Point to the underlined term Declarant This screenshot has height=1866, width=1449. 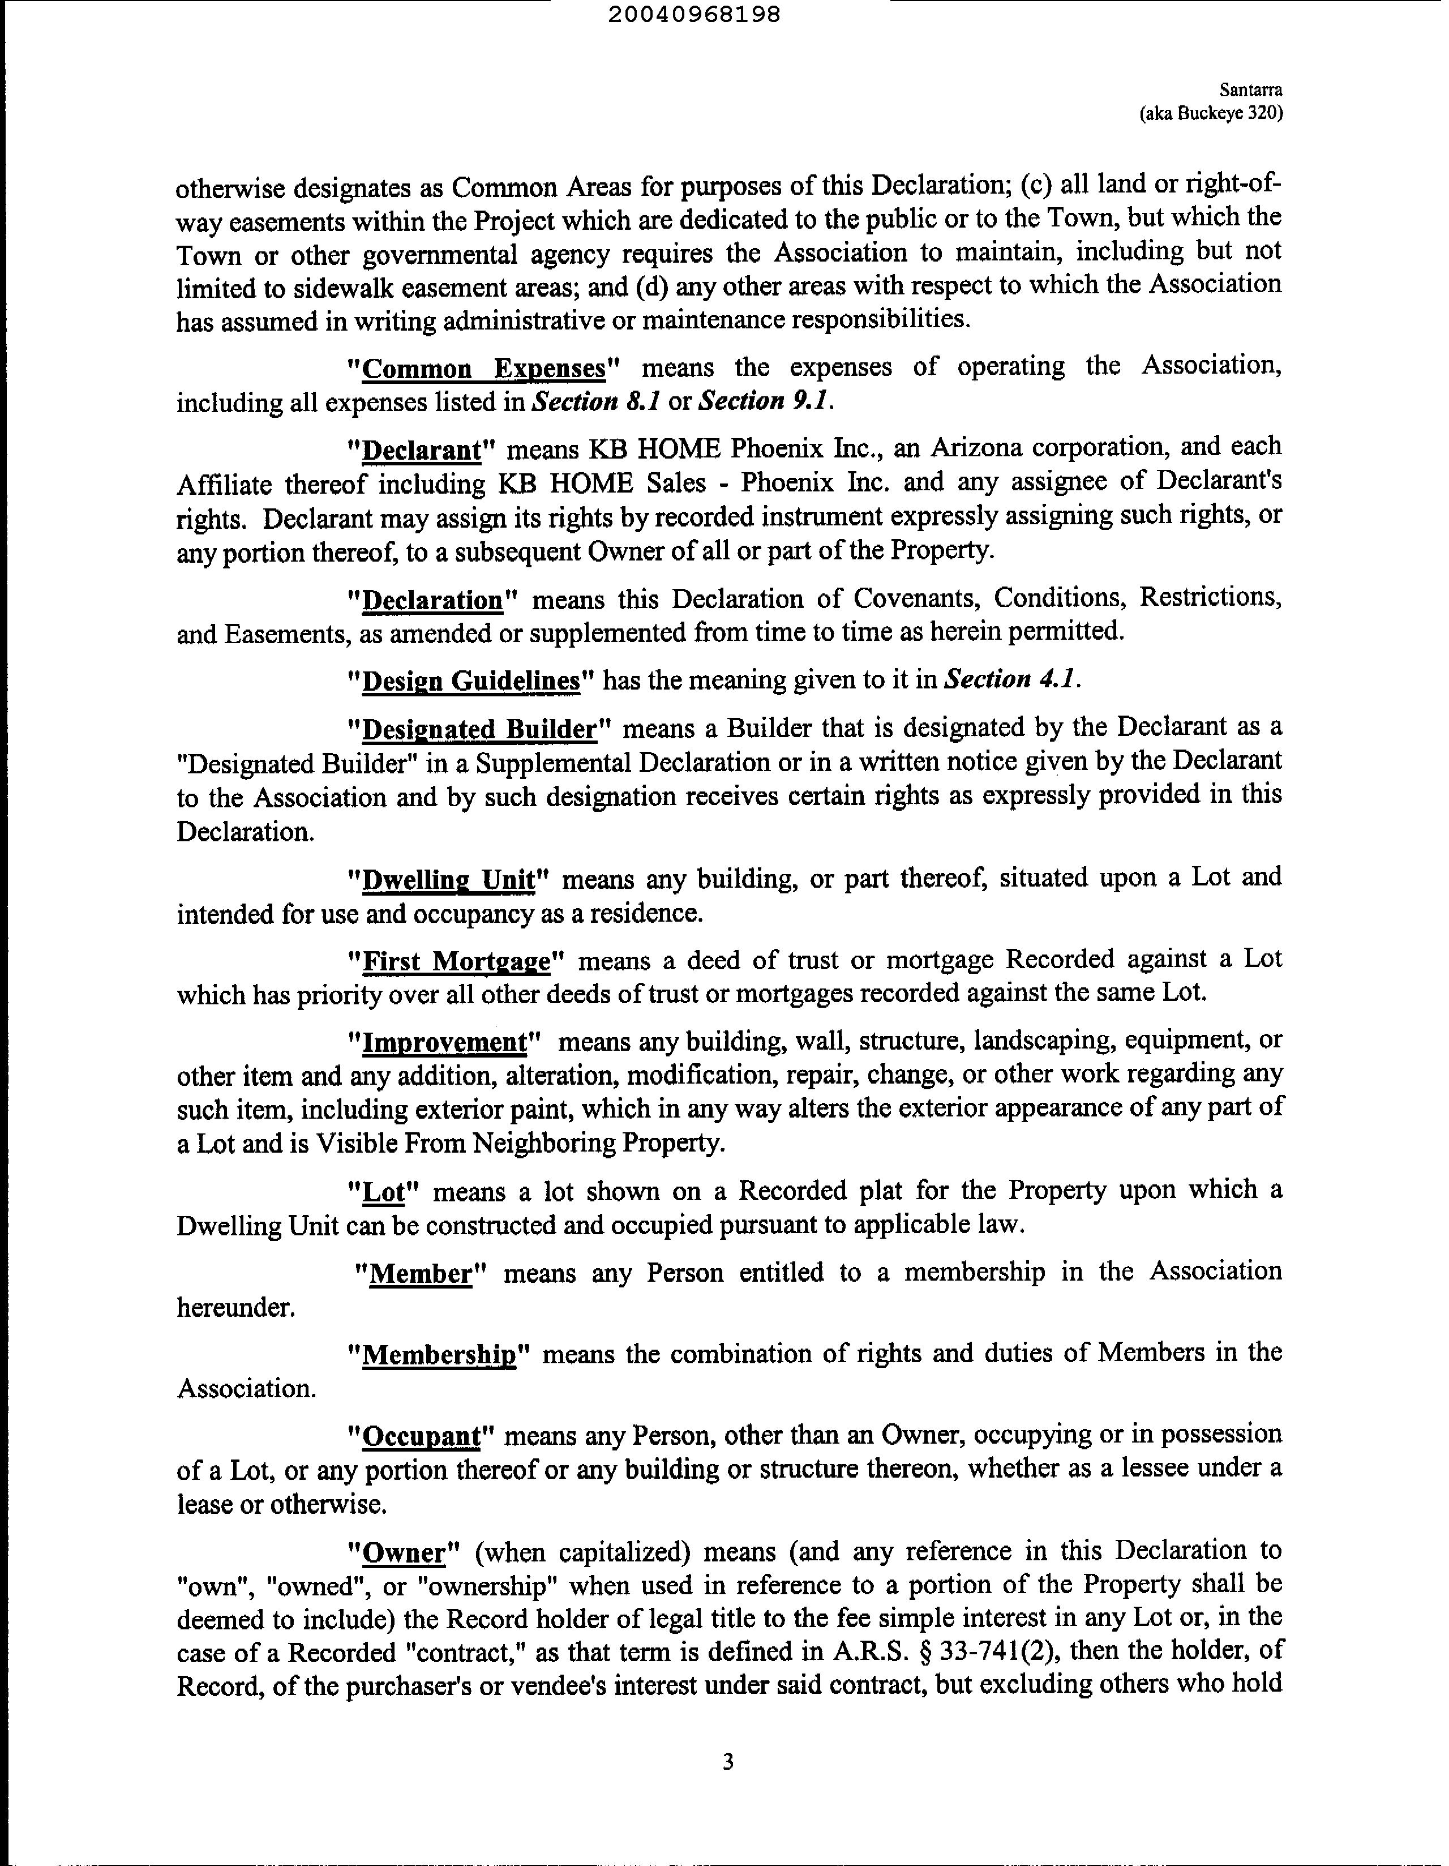pos(423,450)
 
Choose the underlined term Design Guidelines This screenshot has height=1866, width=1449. pos(471,681)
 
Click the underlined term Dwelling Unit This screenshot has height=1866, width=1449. pos(448,880)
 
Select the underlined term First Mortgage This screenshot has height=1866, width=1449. pos(456,962)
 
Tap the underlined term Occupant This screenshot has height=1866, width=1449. pos(422,1436)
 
